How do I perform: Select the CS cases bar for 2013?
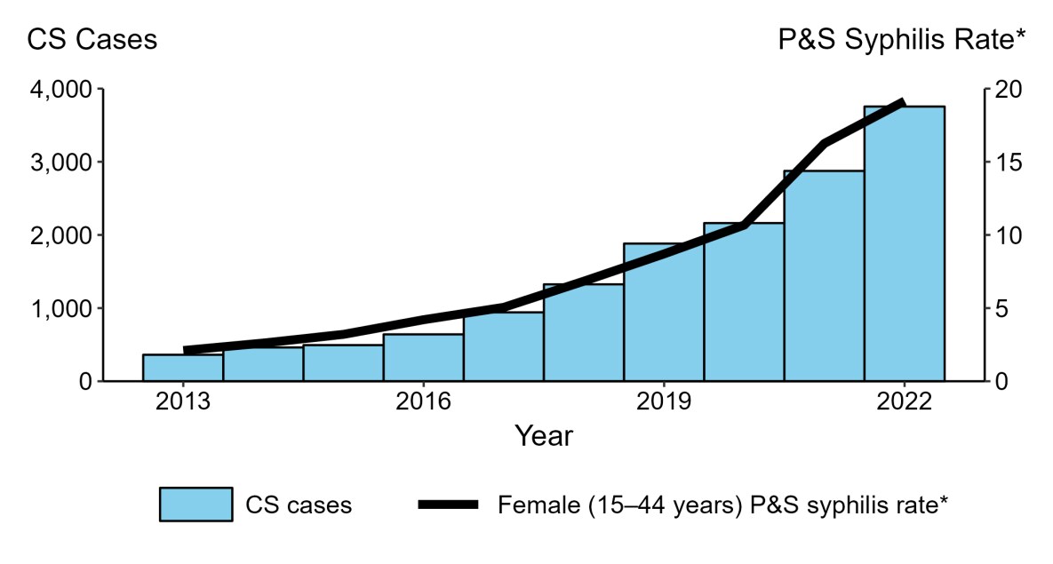click(x=183, y=368)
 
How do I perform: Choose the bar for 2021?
click(x=824, y=275)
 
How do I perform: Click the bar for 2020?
click(x=744, y=302)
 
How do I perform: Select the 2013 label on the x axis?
click(x=183, y=401)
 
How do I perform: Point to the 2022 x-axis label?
click(x=904, y=401)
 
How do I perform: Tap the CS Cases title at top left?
click(x=92, y=40)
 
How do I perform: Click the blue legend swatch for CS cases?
click(x=195, y=504)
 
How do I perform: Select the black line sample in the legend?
click(x=448, y=504)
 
